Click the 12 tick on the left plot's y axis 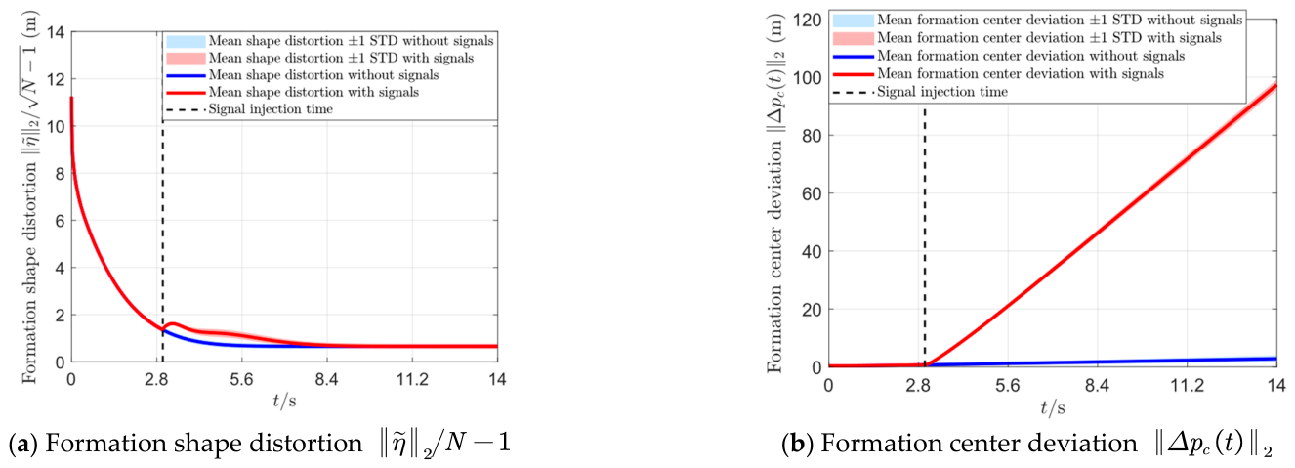[x=55, y=78]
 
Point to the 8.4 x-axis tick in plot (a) [x=326, y=379]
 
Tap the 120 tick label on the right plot [x=807, y=20]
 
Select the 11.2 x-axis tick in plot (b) [x=1187, y=385]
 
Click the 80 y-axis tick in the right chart [x=813, y=136]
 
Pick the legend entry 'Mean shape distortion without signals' [x=324, y=75]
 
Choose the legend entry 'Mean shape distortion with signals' [x=313, y=92]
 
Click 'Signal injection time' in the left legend [x=271, y=108]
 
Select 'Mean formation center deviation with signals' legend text [x=1021, y=73]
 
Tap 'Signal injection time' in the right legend [x=942, y=92]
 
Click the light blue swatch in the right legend [x=854, y=21]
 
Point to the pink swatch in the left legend [x=186, y=59]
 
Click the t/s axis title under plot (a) [x=284, y=401]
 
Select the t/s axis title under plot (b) [x=1053, y=407]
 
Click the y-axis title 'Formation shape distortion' [x=29, y=273]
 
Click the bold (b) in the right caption [x=797, y=444]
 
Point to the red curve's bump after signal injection [x=173, y=324]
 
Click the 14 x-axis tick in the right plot [x=1276, y=385]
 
